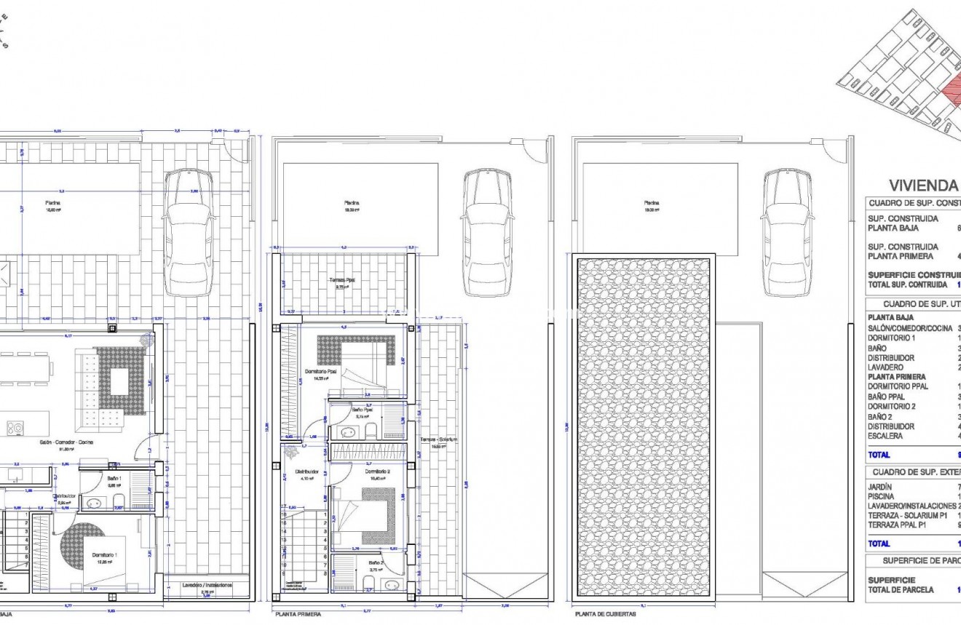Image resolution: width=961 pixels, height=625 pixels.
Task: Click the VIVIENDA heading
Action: (x=923, y=186)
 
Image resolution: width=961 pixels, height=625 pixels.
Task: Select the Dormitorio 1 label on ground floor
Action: (x=105, y=554)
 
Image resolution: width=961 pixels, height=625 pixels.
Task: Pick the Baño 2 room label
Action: (x=376, y=562)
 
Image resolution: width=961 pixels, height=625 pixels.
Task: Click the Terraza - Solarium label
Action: (x=438, y=440)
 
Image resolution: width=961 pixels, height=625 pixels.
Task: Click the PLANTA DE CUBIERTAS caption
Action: (x=605, y=614)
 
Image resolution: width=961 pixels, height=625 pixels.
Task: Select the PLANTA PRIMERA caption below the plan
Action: (x=298, y=614)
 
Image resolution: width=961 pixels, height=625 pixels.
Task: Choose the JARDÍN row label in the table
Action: (x=879, y=487)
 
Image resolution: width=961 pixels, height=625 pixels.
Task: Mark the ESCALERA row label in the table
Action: (x=885, y=436)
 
